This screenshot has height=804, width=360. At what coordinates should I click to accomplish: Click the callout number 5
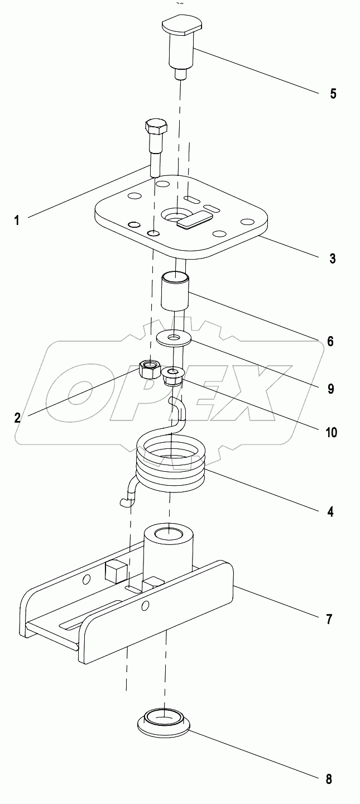pos(333,93)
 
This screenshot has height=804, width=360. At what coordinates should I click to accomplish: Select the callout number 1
pos(17,220)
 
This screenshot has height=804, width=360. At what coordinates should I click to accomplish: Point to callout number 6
pos(330,341)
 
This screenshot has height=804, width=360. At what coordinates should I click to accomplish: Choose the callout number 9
pos(330,389)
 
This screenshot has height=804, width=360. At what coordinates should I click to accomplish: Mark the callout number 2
pos(17,417)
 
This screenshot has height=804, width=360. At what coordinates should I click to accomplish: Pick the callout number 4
pos(330,511)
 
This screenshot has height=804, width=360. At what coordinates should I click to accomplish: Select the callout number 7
pos(330,619)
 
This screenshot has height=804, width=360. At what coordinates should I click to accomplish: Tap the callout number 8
pos(329,779)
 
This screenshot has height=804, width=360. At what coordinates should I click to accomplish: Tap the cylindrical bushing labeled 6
pos(175,290)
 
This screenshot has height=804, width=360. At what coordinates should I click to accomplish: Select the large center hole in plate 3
pos(175,214)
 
